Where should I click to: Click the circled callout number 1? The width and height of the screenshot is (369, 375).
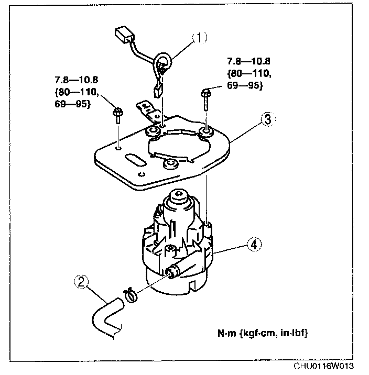click(200, 38)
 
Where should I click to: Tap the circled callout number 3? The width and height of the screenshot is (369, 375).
click(267, 120)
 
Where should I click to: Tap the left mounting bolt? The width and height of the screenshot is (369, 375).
click(116, 113)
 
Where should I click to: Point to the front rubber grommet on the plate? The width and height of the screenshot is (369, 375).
click(169, 165)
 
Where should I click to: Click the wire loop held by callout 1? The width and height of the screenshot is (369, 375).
click(164, 62)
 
